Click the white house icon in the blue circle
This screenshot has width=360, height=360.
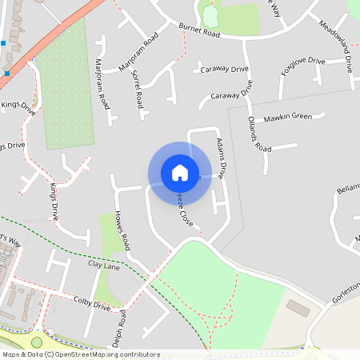pos(180,172)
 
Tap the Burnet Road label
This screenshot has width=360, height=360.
pos(199,31)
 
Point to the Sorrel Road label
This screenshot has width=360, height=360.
pos(138,90)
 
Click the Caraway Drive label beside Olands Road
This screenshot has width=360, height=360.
pos(230,95)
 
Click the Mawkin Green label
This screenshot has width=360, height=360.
pos(287,117)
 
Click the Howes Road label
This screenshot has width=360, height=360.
pos(122,230)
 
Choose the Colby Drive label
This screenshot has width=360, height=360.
pos(91,305)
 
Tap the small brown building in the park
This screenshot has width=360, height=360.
pos(298,308)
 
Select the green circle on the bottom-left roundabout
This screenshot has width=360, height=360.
pos(37,342)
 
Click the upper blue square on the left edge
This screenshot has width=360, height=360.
pos(4,42)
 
